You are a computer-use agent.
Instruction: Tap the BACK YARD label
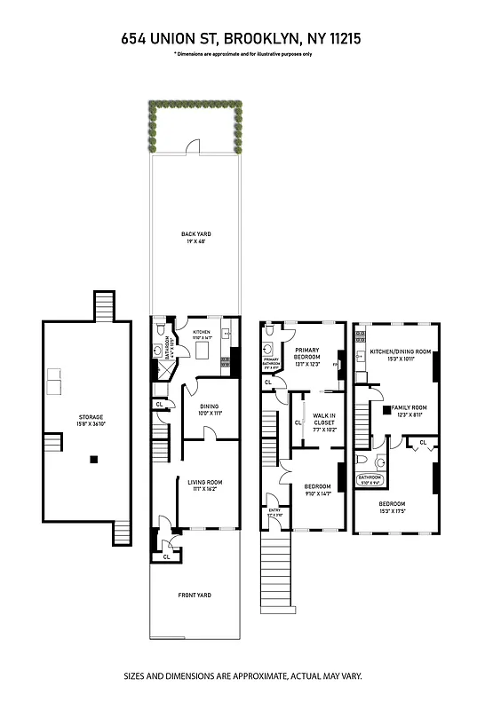coord(196,234)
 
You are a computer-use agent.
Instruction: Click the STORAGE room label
coord(91,416)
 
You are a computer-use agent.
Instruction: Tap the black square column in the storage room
coord(92,459)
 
